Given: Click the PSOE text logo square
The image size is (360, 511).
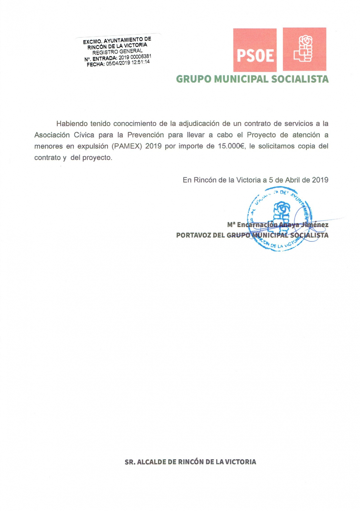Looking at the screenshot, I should coord(255,50).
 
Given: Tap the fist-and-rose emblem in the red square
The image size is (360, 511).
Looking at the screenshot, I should coord(304,49).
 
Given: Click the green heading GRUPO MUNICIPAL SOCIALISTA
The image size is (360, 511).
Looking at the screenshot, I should coord(252,79).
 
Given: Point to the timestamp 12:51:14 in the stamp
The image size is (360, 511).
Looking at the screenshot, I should coord(141,62).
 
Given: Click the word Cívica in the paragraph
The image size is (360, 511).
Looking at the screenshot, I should coord(84,135).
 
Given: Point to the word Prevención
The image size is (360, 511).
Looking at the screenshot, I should coord(145,135).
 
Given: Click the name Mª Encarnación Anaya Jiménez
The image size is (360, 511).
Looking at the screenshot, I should coord(278,225).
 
